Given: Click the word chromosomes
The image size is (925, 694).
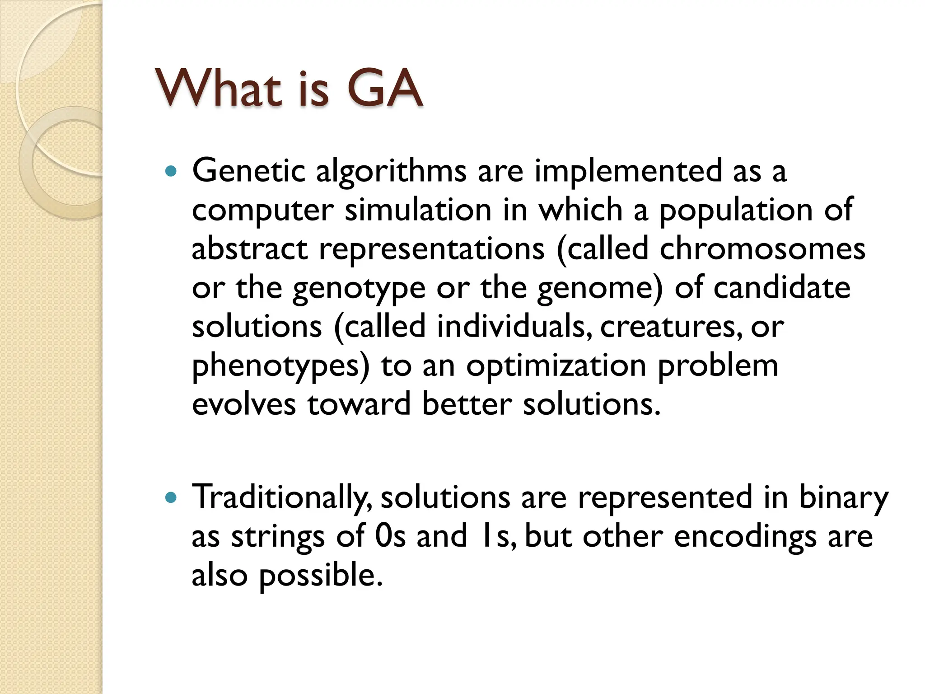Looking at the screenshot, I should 762,249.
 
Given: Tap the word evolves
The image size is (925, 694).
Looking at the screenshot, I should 243,404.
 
